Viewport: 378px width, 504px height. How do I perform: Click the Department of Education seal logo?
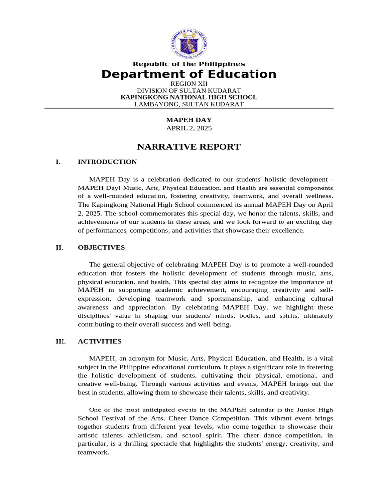[189, 43]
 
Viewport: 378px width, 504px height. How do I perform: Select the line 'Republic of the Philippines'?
[189, 64]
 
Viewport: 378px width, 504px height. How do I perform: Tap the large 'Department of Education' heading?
[189, 74]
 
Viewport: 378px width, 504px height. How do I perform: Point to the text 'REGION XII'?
[189, 84]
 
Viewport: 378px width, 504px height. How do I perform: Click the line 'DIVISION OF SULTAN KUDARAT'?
[189, 91]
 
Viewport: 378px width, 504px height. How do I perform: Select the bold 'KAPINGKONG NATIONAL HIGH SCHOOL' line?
[189, 97]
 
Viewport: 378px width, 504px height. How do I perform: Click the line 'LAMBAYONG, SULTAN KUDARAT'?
[189, 104]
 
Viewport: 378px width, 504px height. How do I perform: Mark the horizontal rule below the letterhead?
[189, 109]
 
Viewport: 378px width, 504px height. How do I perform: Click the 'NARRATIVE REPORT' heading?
[189, 147]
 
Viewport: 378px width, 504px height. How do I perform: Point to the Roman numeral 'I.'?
[58, 162]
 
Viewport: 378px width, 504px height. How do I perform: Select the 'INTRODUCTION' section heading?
[107, 162]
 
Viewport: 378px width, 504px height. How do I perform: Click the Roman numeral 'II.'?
[59, 247]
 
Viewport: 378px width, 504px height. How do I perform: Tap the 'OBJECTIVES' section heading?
[101, 247]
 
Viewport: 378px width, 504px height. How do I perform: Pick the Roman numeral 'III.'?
[60, 341]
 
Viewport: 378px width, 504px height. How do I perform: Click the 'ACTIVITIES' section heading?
[99, 341]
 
